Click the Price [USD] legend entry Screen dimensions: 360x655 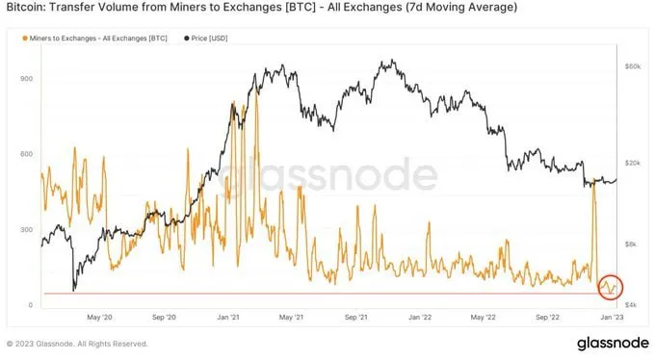click(x=209, y=39)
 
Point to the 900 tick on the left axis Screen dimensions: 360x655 click(x=28, y=79)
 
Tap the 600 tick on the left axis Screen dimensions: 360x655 click(x=28, y=154)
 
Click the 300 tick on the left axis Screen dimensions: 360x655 click(x=28, y=230)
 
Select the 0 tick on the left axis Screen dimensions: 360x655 click(x=32, y=305)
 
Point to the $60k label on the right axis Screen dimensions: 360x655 click(x=633, y=66)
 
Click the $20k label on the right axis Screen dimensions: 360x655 click(x=633, y=162)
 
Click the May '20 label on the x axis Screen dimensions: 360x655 click(x=100, y=316)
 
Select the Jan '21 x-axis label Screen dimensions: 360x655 click(x=228, y=316)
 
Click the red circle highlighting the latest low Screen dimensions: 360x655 click(x=609, y=286)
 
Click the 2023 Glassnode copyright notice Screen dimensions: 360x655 click(x=77, y=343)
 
